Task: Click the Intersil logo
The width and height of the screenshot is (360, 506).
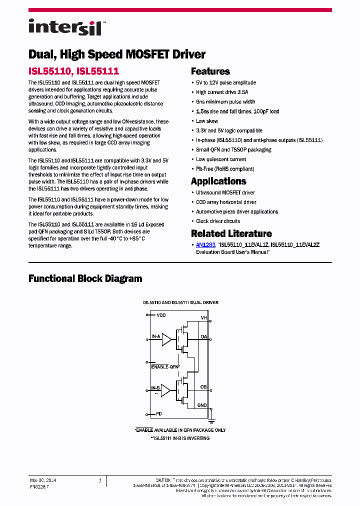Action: click(x=65, y=27)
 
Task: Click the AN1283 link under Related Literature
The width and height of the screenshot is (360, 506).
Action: click(x=205, y=245)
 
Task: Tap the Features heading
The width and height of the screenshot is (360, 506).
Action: click(x=210, y=71)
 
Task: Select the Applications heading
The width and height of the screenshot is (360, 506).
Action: click(x=218, y=181)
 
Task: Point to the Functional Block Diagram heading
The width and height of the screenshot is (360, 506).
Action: click(x=85, y=278)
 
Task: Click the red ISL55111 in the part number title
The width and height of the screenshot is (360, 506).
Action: click(x=98, y=72)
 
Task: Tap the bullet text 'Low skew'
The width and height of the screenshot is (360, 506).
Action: click(x=207, y=121)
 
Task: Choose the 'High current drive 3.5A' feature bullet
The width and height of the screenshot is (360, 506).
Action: click(x=222, y=92)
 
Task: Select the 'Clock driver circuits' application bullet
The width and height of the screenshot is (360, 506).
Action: click(x=218, y=221)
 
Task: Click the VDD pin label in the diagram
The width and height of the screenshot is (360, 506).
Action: click(x=161, y=315)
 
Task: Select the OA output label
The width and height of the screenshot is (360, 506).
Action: click(x=203, y=337)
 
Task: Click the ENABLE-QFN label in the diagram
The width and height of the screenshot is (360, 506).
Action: click(x=165, y=367)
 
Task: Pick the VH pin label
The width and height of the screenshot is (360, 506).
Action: click(x=203, y=318)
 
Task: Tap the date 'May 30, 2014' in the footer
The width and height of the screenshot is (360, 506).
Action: click(x=43, y=480)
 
